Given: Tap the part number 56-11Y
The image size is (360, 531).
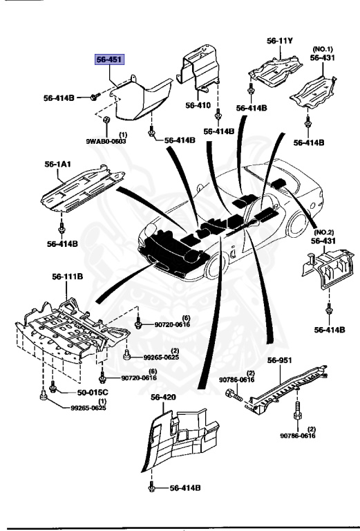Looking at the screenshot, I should [280, 41].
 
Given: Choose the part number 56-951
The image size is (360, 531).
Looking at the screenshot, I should [281, 360].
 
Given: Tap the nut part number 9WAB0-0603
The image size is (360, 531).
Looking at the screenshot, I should [106, 141].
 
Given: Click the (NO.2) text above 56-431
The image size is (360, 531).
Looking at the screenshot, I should [325, 233].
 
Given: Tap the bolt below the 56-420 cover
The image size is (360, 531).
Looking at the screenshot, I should [151, 487].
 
